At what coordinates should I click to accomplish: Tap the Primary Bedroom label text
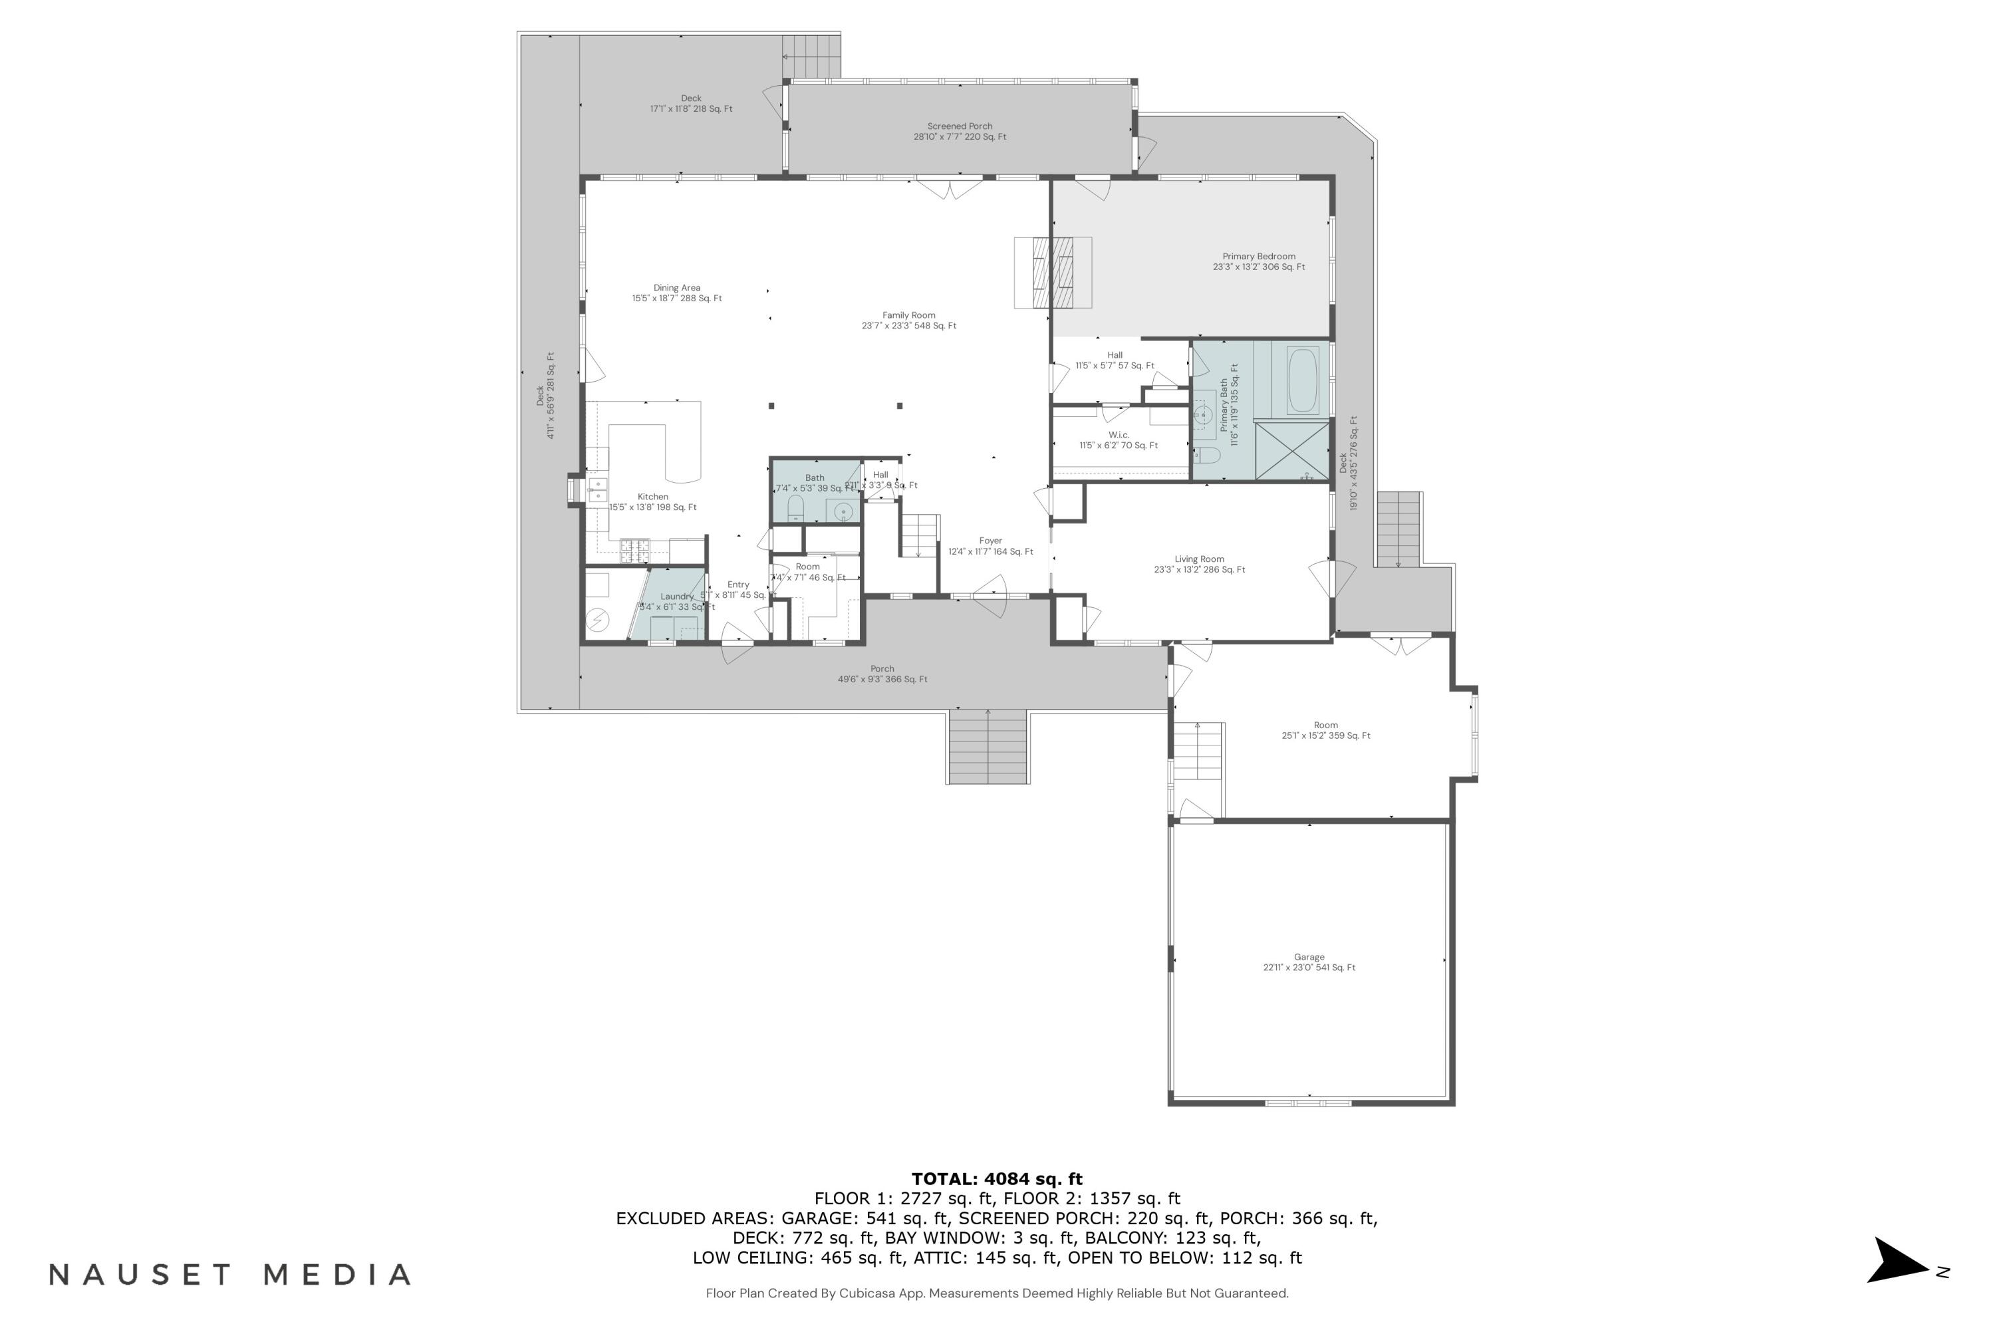point(1258,261)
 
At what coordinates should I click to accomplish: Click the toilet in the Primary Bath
point(1207,456)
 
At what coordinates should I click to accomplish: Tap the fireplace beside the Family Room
point(1053,272)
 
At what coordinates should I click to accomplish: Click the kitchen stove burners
point(634,551)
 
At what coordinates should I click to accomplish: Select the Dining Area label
point(677,293)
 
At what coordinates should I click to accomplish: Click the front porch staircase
point(988,746)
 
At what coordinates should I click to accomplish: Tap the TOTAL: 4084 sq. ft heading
point(997,1178)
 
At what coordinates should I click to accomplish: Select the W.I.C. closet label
point(1118,440)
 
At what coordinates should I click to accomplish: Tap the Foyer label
point(990,545)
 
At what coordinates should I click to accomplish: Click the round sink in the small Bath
point(843,511)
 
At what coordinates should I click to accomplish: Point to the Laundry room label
point(677,601)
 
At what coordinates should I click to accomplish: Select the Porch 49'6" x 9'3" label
point(882,674)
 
